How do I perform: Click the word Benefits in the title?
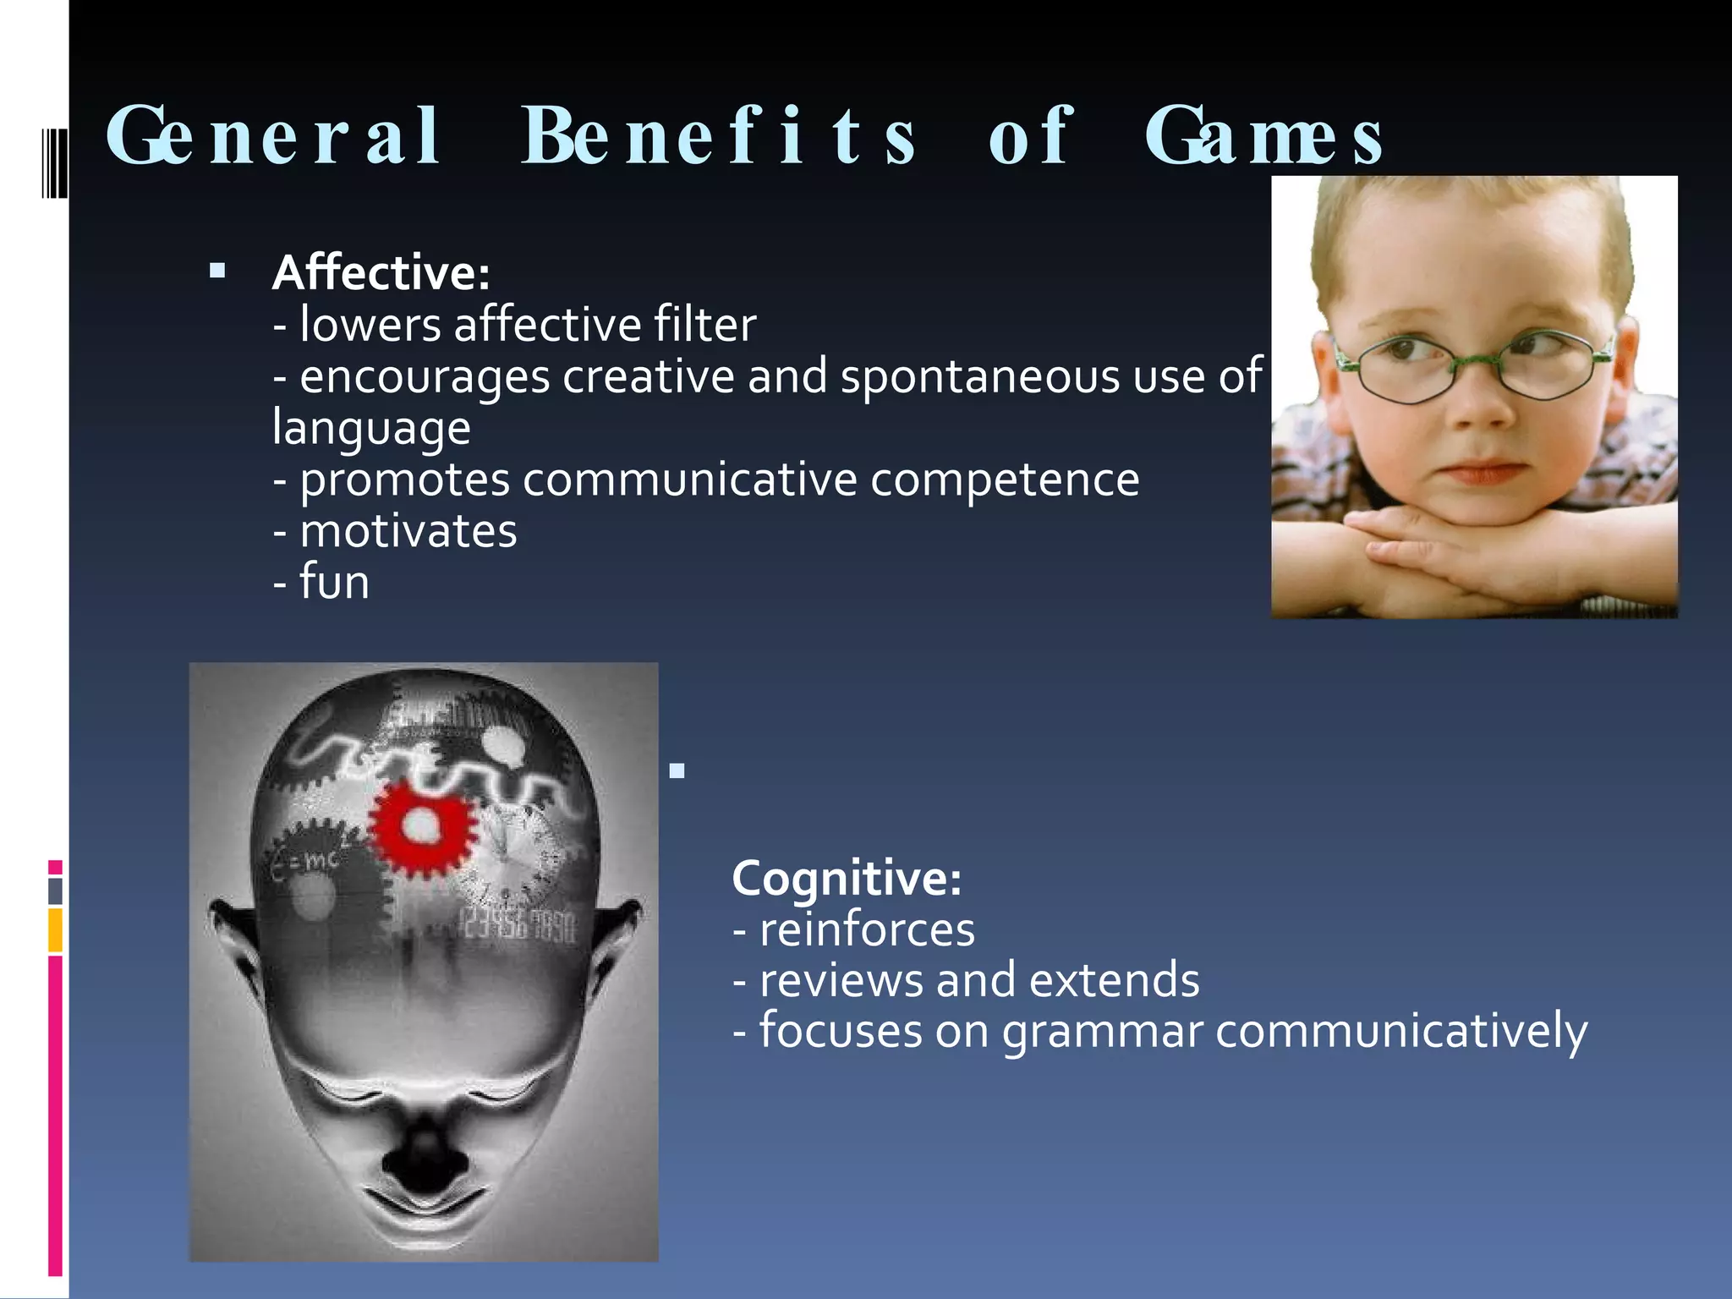click(x=719, y=137)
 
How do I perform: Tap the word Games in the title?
click(x=1263, y=137)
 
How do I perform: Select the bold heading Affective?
click(x=381, y=273)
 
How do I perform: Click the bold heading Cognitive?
click(x=847, y=878)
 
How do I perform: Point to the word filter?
click(x=704, y=325)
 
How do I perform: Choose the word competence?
click(x=1005, y=480)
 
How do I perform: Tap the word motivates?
click(x=408, y=532)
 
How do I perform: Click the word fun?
click(x=335, y=584)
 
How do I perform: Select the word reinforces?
click(x=867, y=929)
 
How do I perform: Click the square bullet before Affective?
click(x=217, y=271)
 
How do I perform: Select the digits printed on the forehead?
click(x=518, y=926)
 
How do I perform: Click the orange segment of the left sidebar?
click(x=55, y=929)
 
